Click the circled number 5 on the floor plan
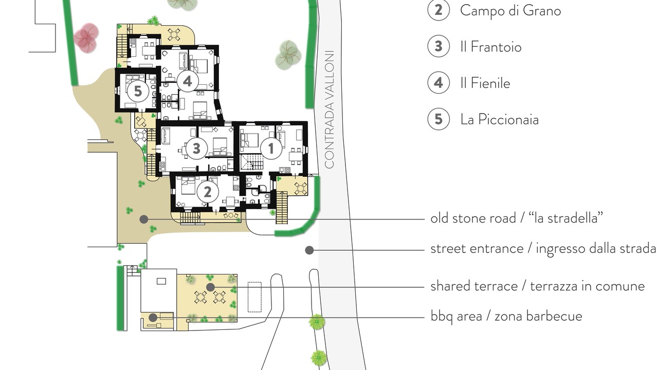[x=138, y=91]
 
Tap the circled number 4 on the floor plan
[x=188, y=81]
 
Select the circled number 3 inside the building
[x=196, y=149]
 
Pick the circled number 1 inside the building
[x=271, y=149]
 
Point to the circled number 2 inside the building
[x=208, y=192]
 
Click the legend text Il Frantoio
[x=491, y=47]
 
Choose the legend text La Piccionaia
[x=499, y=120]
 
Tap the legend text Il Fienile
[x=485, y=83]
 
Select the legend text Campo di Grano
[x=510, y=11]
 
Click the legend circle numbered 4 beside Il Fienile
[x=438, y=83]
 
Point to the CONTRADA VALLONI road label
[x=330, y=109]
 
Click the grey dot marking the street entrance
[x=309, y=250]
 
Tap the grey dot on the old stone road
[x=143, y=219]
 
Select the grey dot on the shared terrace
[x=210, y=287]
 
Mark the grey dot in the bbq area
[x=153, y=318]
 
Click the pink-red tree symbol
[x=85, y=38]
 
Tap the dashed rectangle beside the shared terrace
[x=254, y=297]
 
